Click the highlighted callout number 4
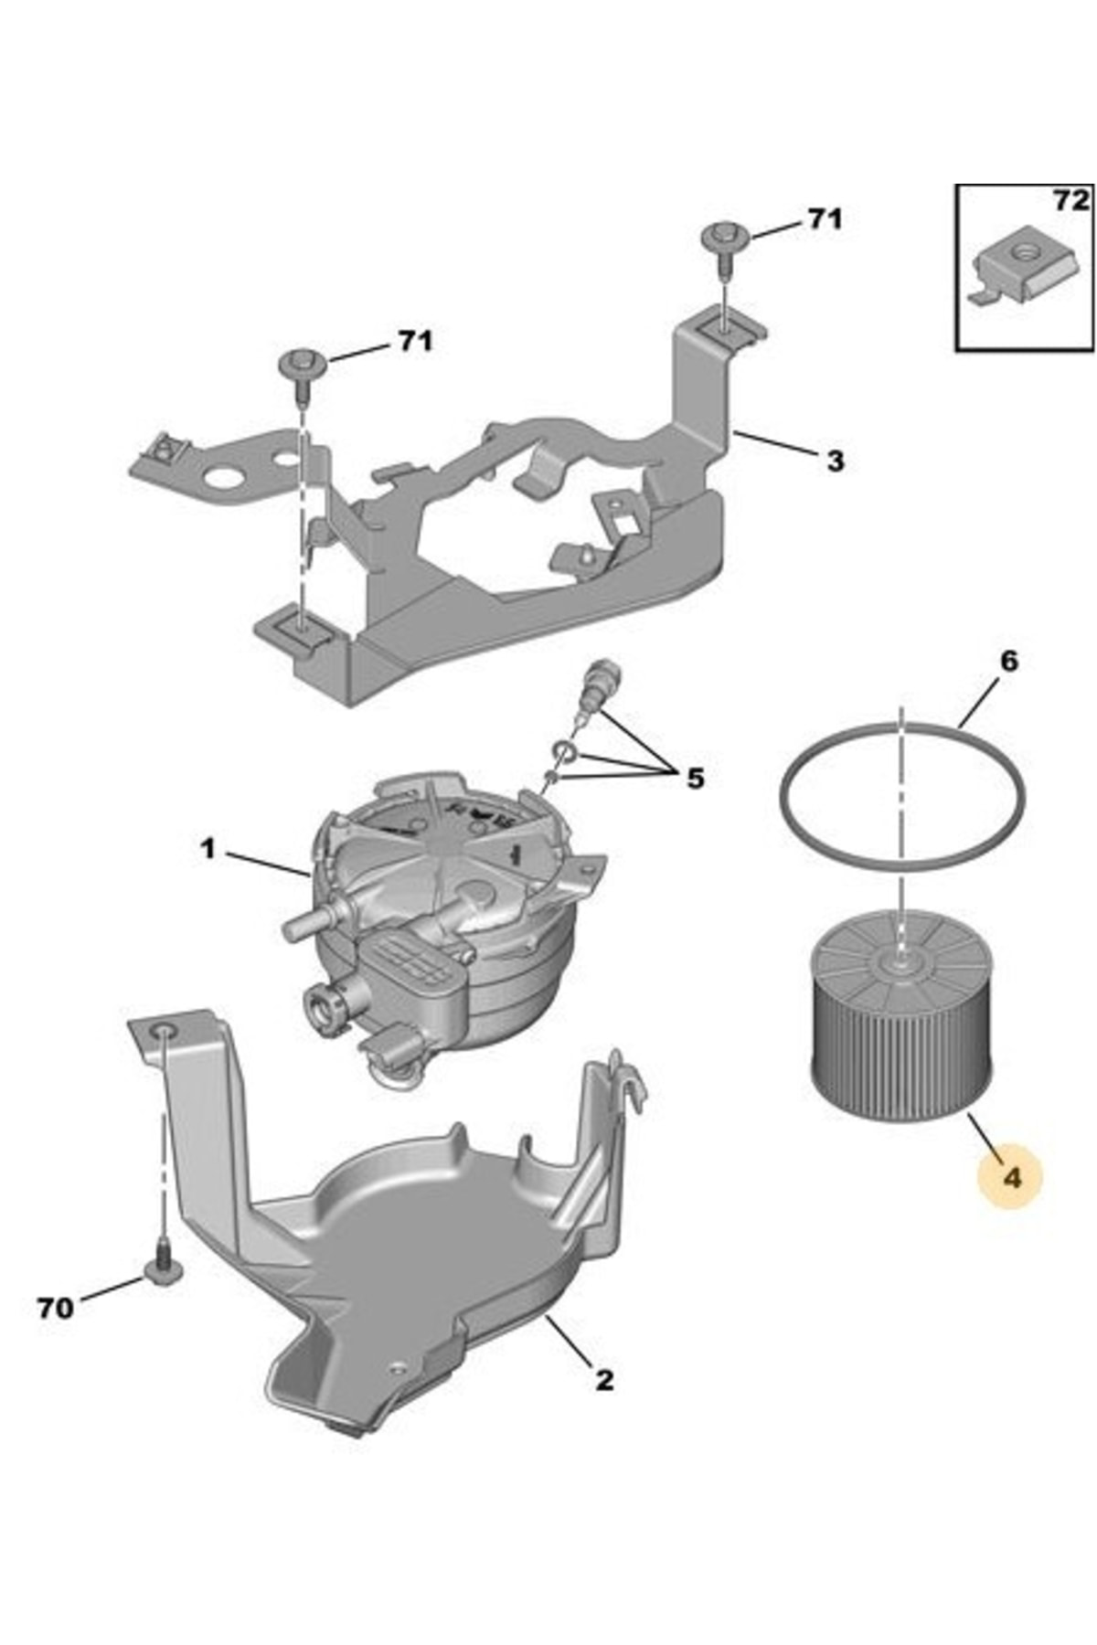(x=1011, y=1177)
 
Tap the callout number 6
(x=1007, y=661)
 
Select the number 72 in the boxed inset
(x=1070, y=201)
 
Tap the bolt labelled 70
(x=161, y=1268)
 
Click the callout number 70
(x=55, y=1309)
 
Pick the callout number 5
(x=696, y=779)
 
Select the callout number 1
(x=208, y=850)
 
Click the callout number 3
(x=835, y=461)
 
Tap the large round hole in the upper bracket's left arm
(x=222, y=477)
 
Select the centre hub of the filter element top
(x=899, y=960)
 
